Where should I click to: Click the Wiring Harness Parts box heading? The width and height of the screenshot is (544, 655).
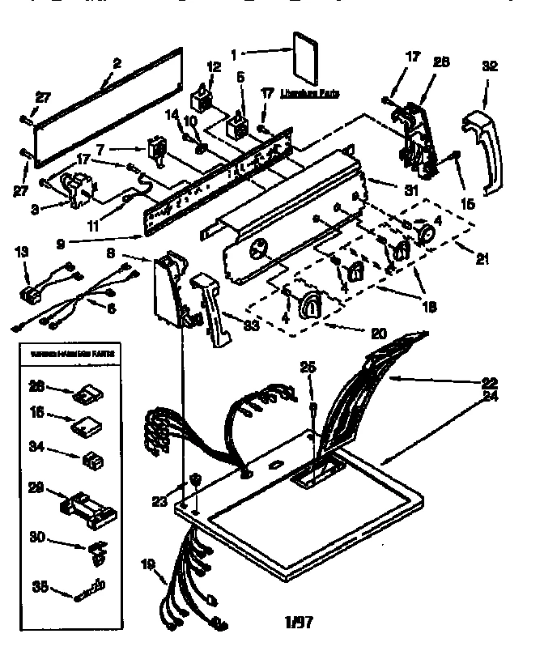[72, 355]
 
